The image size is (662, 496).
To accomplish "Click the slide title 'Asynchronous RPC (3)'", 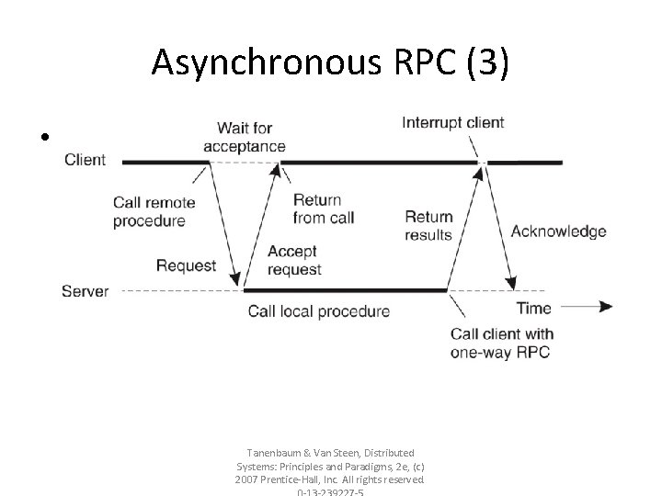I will point(330,62).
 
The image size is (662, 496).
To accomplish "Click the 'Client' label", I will point(85,160).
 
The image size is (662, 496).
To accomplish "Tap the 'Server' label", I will point(85,291).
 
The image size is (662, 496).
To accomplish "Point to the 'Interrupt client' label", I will point(452,123).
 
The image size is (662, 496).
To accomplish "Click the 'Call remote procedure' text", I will point(149,211).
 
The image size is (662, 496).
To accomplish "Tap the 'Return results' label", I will point(428,225).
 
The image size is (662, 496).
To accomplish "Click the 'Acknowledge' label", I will point(558,231).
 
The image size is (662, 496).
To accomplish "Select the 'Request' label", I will point(186,266).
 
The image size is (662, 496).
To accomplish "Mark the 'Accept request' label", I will point(294,261).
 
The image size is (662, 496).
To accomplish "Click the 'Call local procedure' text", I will point(318,311).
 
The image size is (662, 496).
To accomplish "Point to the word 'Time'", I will point(534,308).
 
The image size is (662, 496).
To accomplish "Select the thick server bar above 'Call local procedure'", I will point(345,291).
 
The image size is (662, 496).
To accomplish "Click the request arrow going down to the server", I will point(224,225).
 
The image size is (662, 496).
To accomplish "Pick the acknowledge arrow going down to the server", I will point(496,225).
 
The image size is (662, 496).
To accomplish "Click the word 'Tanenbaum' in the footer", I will point(273,453).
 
